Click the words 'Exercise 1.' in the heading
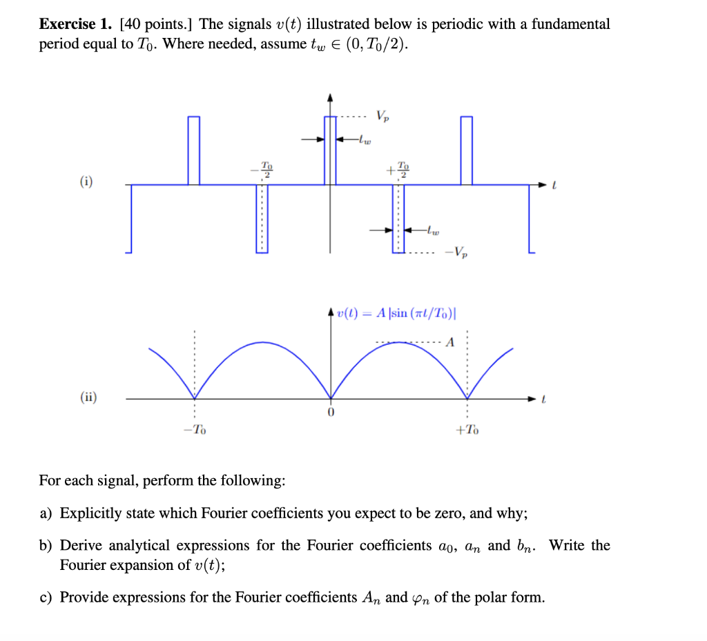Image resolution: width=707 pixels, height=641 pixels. pyautogui.click(x=76, y=25)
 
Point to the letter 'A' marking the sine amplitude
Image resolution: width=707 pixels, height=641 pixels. pyautogui.click(x=450, y=342)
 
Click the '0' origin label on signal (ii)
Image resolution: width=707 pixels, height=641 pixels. pyautogui.click(x=331, y=413)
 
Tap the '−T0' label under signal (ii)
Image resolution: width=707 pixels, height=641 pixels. pyautogui.click(x=195, y=430)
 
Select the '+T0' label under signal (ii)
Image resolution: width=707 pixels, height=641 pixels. pyautogui.click(x=467, y=430)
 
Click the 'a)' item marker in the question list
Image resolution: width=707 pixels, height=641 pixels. pyautogui.click(x=46, y=513)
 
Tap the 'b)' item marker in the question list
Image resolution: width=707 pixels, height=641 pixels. pyautogui.click(x=46, y=546)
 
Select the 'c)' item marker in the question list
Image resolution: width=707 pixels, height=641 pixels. pyautogui.click(x=46, y=598)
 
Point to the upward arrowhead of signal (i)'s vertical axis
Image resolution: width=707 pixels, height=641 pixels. pyautogui.click(x=331, y=97)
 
